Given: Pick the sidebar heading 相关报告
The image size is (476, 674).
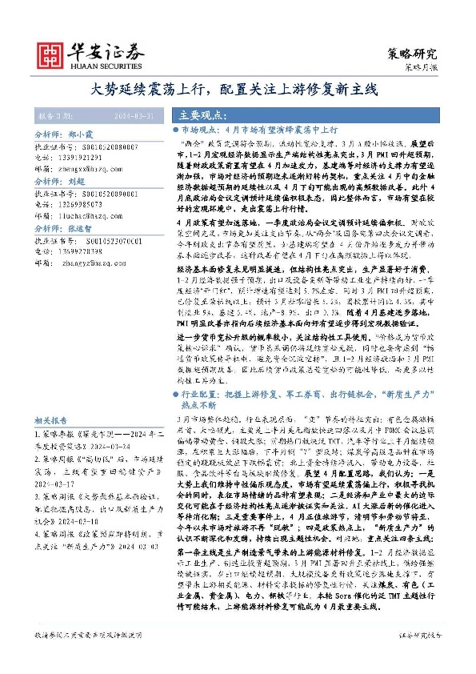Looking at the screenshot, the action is click(x=52, y=420).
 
